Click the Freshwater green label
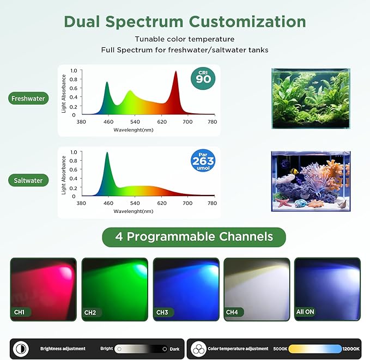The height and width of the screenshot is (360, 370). [28, 99]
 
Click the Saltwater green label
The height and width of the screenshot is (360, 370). [28, 180]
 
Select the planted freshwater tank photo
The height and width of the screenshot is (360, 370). [311, 99]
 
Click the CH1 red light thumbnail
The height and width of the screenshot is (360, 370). [43, 289]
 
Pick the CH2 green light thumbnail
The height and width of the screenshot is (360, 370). [114, 289]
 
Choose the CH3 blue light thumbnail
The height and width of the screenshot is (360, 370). [186, 289]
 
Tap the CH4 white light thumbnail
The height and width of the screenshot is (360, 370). [257, 289]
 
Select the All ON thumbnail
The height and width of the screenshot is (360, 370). [326, 289]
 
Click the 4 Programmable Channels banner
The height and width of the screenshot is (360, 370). [194, 237]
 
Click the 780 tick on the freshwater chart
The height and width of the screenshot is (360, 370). [213, 122]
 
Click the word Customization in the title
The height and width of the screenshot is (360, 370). [247, 22]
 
